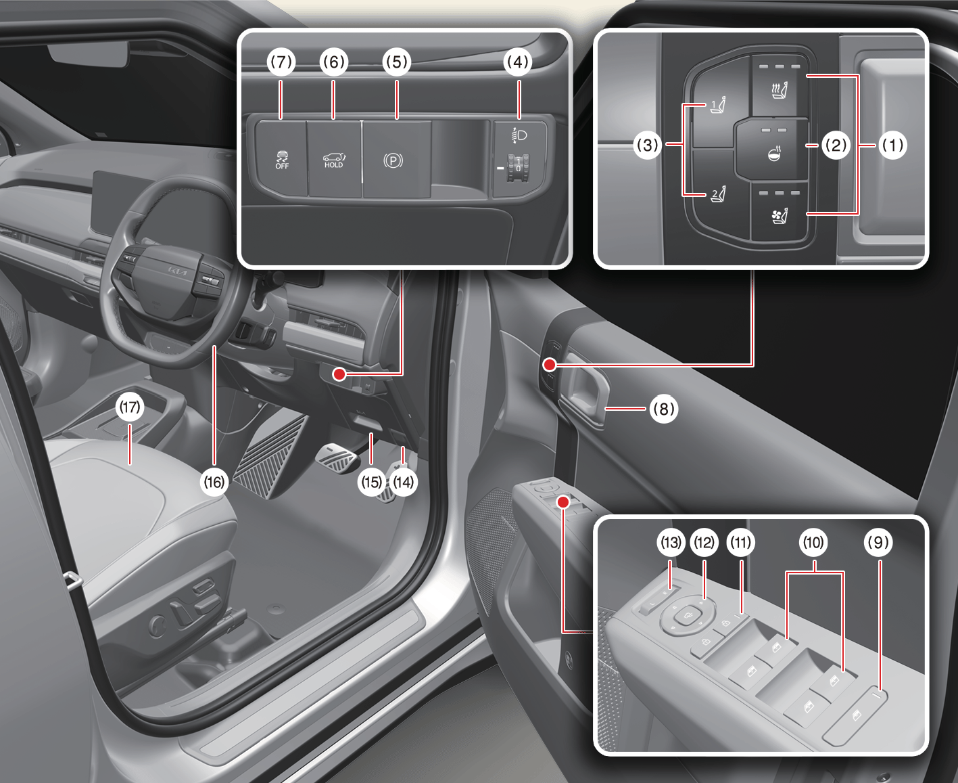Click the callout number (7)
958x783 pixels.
[x=281, y=62]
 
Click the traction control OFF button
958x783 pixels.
[x=282, y=159]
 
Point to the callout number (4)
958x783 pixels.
[x=518, y=62]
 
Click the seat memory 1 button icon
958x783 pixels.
[x=718, y=106]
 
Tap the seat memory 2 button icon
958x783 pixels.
[x=718, y=194]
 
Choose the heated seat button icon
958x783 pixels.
[x=780, y=89]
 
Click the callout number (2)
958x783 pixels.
[x=836, y=146]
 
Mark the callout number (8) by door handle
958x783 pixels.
[x=664, y=409]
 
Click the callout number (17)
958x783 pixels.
[x=130, y=407]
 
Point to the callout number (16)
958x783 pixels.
[x=214, y=482]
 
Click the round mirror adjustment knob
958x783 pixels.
[x=687, y=617]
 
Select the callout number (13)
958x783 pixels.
[x=671, y=542]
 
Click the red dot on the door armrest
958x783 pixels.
[x=563, y=502]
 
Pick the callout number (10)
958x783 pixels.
[x=813, y=542]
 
